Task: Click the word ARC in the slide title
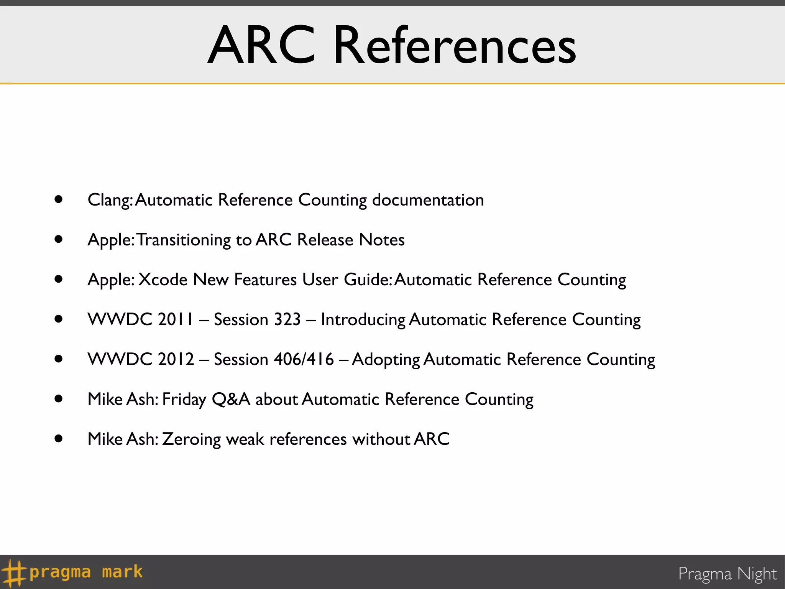(x=262, y=45)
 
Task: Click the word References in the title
(x=455, y=45)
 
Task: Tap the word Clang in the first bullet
(x=110, y=200)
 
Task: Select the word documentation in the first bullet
(x=428, y=200)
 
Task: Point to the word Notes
(x=382, y=240)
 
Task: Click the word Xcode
(x=163, y=280)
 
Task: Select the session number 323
(x=287, y=319)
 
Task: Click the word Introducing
(x=363, y=320)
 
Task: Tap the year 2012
(x=176, y=359)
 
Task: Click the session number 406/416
(x=304, y=359)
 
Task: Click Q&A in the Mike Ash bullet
(x=231, y=400)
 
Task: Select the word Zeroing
(x=191, y=439)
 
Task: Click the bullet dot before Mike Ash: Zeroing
(x=59, y=438)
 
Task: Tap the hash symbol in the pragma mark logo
(x=14, y=573)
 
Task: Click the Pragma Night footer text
(x=727, y=574)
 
